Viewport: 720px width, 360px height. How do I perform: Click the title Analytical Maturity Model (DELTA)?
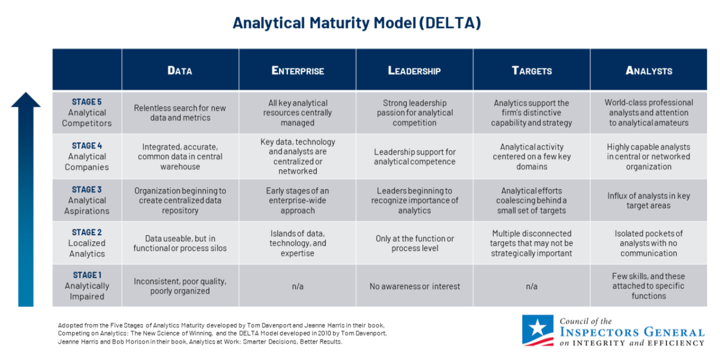coord(357,23)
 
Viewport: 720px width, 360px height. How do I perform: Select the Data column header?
coord(179,70)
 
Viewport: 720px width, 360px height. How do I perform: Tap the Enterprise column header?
coord(298,70)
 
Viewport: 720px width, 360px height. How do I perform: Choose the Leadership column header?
coord(415,70)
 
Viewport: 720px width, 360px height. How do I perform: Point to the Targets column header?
coord(532,70)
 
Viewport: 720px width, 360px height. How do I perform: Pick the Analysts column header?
coord(649,70)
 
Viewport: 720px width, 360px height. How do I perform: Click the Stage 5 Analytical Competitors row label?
coord(87,113)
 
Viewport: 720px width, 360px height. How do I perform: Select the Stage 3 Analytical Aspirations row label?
coord(87,200)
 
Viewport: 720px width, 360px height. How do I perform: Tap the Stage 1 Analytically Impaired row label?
coord(87,286)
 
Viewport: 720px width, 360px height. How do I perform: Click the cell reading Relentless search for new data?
coord(180,113)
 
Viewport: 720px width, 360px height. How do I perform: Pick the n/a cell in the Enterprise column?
coord(298,286)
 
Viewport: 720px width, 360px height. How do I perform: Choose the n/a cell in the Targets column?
coord(532,286)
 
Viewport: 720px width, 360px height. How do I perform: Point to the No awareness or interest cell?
coord(415,286)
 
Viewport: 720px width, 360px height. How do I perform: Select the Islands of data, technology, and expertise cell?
coord(298,243)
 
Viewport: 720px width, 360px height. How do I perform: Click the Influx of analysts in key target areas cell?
coord(649,200)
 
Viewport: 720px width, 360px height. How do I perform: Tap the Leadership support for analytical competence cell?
coord(415,157)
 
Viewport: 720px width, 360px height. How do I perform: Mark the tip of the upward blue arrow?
coord(26,92)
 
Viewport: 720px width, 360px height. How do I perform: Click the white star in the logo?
coord(538,328)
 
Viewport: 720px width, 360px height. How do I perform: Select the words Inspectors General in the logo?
coord(632,332)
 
